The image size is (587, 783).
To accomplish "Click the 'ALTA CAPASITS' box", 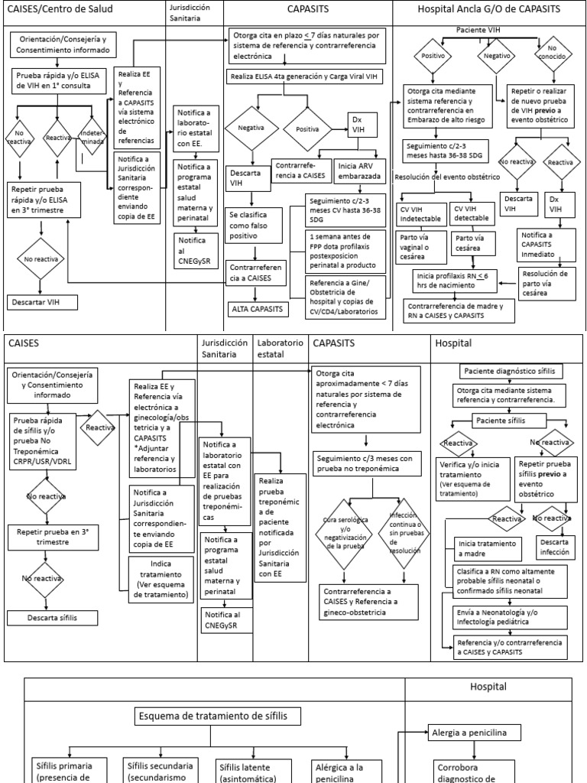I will pos(258,308).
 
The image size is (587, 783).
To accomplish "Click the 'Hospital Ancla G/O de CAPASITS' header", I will pos(489,9).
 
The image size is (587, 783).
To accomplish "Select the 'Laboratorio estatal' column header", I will pos(281,348).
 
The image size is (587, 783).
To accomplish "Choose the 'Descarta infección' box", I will pos(554,546).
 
